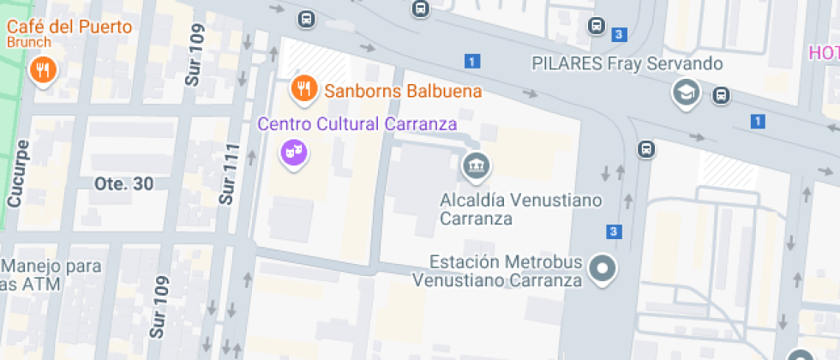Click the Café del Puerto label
69,26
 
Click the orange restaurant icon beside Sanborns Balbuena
301,87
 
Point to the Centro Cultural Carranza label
357,124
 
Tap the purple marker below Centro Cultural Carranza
294,153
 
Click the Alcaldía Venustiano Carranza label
521,209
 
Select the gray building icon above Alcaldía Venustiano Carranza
476,165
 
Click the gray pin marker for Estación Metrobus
604,269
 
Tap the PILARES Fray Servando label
627,63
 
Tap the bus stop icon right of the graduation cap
721,94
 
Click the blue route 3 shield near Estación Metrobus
614,231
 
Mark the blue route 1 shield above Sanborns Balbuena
472,61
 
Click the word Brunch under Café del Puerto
30,42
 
